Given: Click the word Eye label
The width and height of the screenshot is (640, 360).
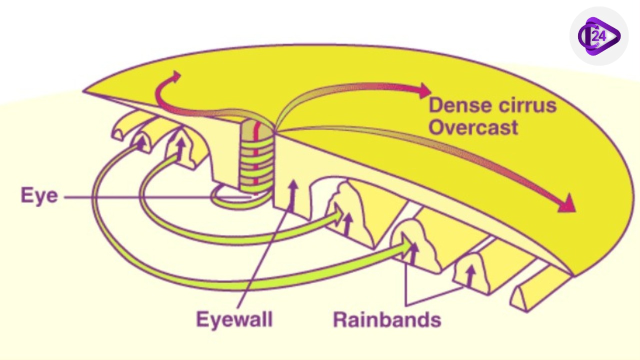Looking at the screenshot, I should point(39,195).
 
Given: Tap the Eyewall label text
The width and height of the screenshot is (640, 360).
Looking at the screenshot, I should point(234,319).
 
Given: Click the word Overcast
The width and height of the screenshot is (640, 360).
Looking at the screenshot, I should point(473,127).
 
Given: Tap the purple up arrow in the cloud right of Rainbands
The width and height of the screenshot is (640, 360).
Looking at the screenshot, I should point(469,275).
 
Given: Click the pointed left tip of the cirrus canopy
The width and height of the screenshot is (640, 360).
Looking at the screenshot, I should point(86,91).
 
